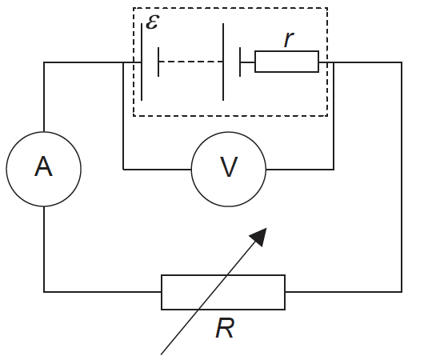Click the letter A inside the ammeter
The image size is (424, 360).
click(x=43, y=168)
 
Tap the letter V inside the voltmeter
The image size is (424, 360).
click(x=229, y=168)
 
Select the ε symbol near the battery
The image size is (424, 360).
click(x=152, y=21)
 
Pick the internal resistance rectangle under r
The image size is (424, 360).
click(x=286, y=62)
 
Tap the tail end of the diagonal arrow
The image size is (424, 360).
click(x=163, y=352)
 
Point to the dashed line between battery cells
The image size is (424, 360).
click(x=190, y=62)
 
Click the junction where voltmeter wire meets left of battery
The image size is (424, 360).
click(x=123, y=62)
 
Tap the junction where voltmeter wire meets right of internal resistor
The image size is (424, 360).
click(x=334, y=62)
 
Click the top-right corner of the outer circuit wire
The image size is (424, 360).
click(x=401, y=62)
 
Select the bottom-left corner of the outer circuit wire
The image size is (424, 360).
click(x=44, y=291)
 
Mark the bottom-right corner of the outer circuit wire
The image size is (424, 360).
click(x=401, y=291)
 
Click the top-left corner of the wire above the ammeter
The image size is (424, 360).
click(x=44, y=62)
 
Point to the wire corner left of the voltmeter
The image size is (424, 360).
click(x=123, y=169)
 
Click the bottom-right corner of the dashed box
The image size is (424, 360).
click(x=328, y=116)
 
